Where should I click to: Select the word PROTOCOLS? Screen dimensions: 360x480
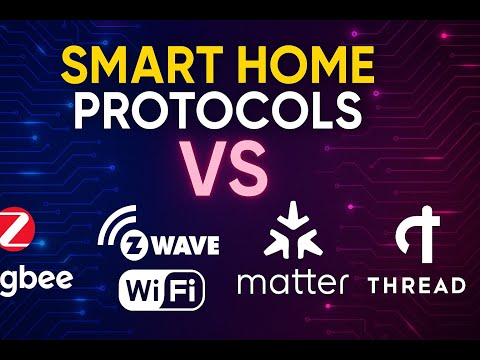click(x=239, y=112)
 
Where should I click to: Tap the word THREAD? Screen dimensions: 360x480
click(x=416, y=285)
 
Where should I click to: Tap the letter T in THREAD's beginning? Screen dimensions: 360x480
click(x=374, y=285)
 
